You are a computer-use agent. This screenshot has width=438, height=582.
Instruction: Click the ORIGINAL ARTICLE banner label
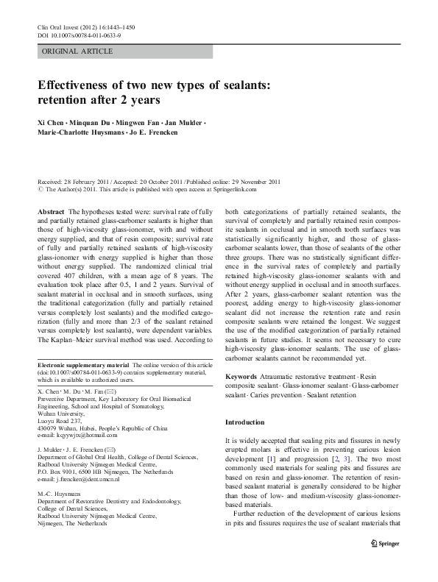tap(77, 52)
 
